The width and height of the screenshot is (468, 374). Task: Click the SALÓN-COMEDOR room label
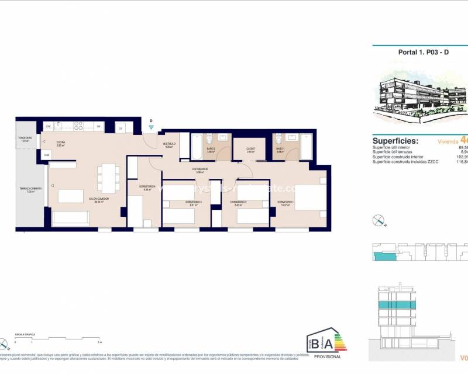coord(99,199)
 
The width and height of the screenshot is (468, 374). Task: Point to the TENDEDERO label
coord(25,138)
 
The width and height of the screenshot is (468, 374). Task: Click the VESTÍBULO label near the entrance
coord(169,144)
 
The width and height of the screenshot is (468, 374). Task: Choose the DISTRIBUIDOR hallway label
coord(200,169)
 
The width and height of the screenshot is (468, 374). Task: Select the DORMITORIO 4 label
coord(147,187)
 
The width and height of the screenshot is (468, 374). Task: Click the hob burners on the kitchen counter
coord(81,126)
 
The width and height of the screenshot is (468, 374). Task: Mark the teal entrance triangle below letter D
coord(151,127)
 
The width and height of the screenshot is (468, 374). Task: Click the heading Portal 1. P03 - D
coord(415,52)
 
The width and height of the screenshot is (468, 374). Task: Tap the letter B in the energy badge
coord(315,344)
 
